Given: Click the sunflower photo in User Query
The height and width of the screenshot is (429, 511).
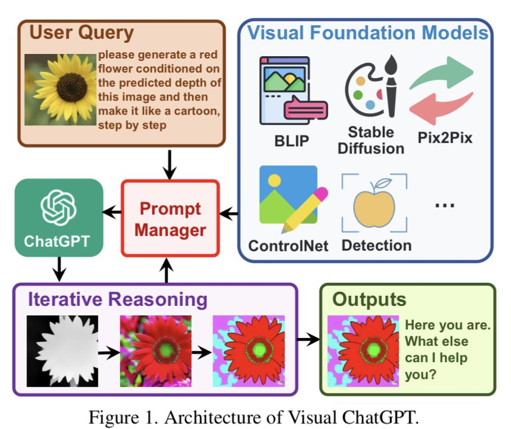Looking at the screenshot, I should point(61,89).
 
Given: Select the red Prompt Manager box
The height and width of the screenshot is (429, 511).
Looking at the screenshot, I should point(170,219).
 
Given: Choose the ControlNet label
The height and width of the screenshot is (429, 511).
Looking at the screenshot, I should point(288,246).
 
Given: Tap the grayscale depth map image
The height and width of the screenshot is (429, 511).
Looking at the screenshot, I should point(62,351).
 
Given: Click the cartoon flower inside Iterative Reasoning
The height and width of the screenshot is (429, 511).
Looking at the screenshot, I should point(248,351).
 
